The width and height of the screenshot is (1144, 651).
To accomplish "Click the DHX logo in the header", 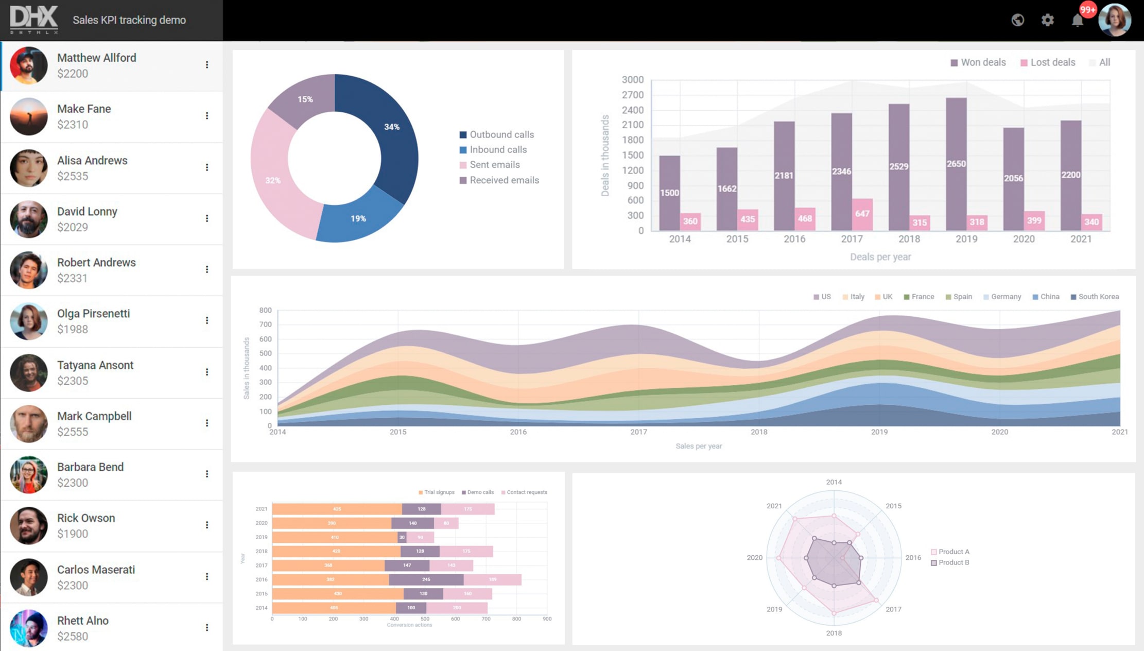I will point(33,20).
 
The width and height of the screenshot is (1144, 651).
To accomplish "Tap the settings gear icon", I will point(1047,20).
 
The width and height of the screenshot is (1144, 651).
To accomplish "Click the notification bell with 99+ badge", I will point(1077,20).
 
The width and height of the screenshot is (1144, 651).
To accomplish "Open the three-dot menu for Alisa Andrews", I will point(207,167).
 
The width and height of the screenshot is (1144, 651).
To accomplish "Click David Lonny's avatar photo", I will point(28,219).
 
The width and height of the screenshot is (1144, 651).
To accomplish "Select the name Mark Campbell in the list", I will point(94,416).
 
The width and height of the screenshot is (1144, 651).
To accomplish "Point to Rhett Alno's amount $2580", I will point(73,636).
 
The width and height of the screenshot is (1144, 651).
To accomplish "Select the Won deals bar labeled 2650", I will point(956,164).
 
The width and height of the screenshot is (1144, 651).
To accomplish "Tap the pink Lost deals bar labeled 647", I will point(862,213).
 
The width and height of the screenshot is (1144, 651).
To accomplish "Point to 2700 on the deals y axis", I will point(633,95).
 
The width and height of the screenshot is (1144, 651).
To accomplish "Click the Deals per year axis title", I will point(880,256).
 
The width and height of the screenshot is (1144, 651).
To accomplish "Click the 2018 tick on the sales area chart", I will point(758,432).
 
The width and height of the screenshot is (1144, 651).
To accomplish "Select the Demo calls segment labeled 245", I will point(426,579).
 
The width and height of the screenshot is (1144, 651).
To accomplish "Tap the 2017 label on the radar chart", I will point(893,609).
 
